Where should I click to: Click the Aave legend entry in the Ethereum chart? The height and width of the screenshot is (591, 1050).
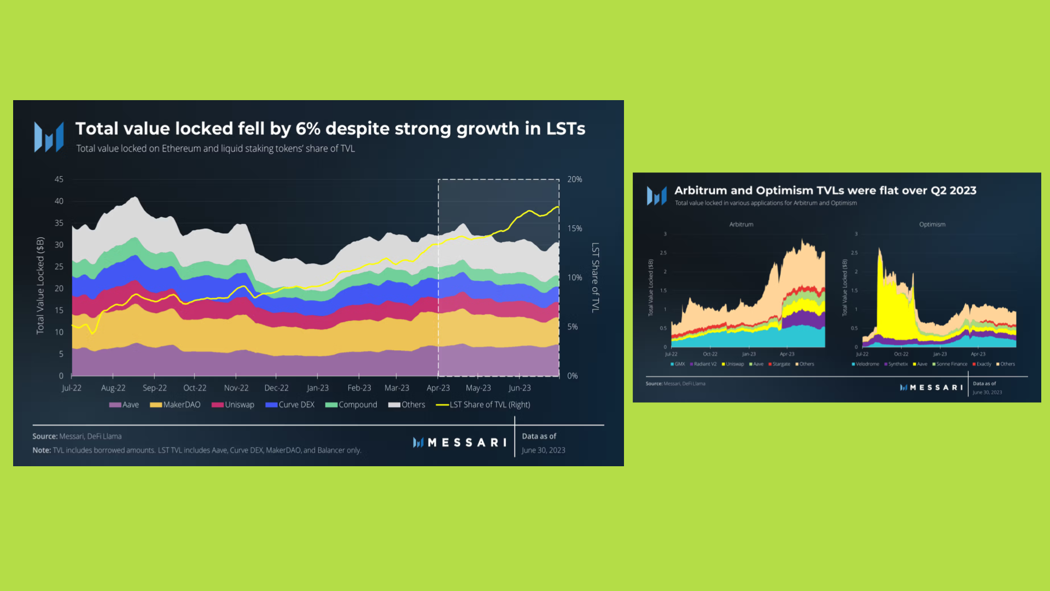pos(125,405)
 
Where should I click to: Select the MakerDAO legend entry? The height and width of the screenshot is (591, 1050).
pos(176,405)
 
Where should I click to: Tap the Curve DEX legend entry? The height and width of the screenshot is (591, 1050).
pos(290,405)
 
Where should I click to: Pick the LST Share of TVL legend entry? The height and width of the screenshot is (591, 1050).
pos(483,405)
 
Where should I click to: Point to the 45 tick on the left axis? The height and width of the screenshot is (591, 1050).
pos(59,179)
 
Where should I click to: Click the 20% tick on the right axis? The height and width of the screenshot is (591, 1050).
pos(575,179)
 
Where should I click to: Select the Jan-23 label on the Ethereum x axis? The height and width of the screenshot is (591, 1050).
pos(318,388)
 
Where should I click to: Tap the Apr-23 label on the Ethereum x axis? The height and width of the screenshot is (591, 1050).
pos(438,388)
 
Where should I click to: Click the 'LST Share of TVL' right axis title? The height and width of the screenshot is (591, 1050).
pos(596,277)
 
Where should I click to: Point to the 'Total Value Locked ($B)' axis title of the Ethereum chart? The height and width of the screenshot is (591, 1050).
pos(40,285)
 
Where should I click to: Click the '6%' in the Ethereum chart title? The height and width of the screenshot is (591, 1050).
pos(308,129)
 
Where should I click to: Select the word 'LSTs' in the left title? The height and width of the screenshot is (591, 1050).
pos(565,129)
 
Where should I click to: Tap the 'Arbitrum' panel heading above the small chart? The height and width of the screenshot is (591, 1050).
pos(741,224)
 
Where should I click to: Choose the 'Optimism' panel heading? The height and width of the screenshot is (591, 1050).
pos(932,224)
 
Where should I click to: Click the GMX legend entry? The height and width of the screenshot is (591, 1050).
pos(678,364)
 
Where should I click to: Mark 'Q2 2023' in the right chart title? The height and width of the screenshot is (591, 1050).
pos(953,190)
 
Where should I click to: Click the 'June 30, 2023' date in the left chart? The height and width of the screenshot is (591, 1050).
pos(544,450)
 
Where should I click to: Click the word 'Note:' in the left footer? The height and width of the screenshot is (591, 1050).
pos(42,450)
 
